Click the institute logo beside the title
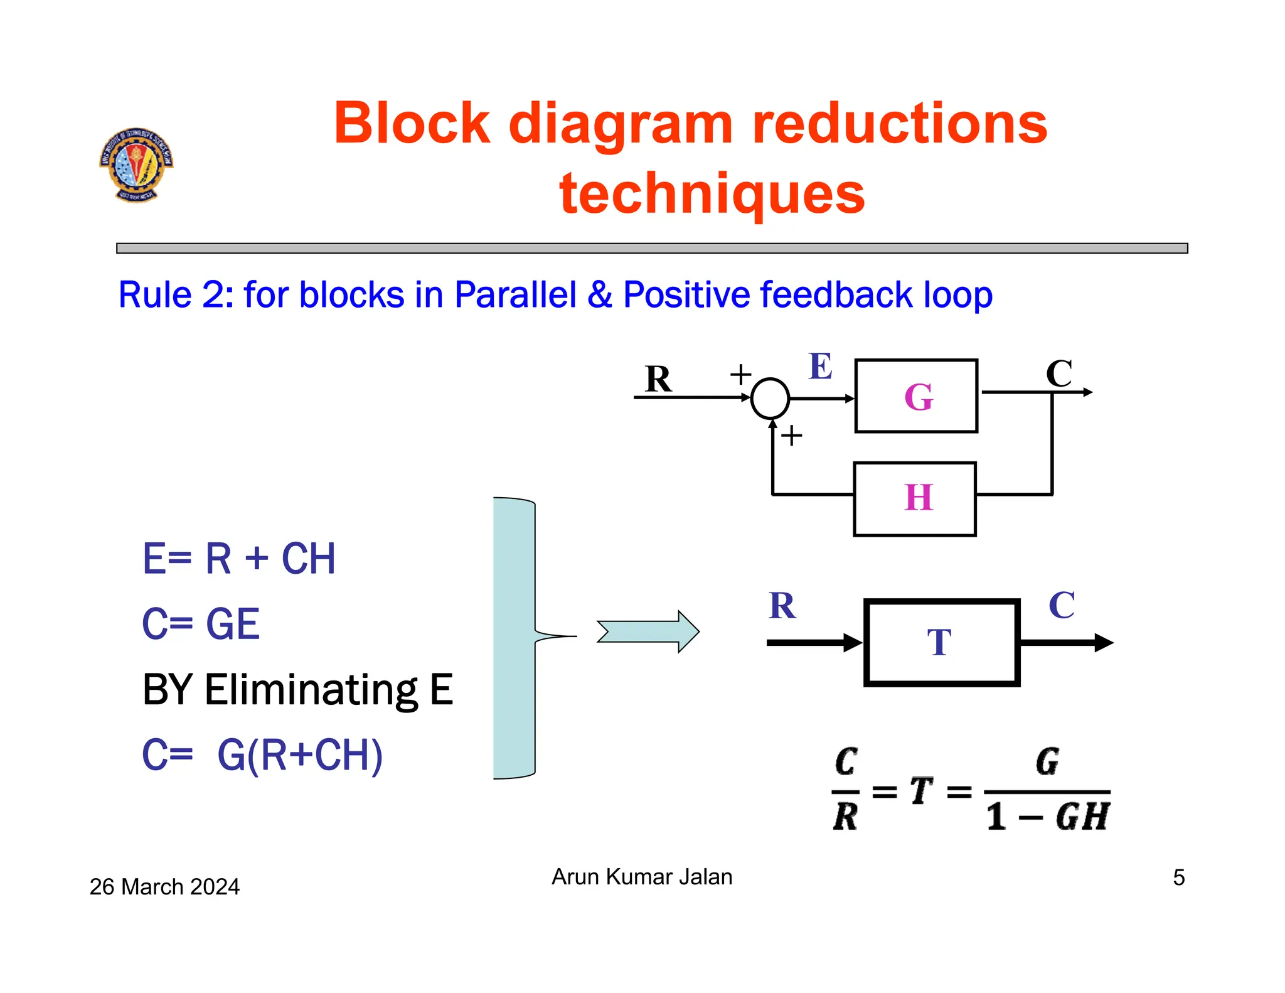click(136, 164)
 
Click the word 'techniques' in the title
click(712, 193)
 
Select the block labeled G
click(916, 396)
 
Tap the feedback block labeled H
click(915, 499)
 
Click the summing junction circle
click(770, 398)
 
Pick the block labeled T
click(941, 643)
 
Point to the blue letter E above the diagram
click(820, 367)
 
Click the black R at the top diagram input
click(658, 379)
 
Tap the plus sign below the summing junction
click(792, 435)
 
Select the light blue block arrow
click(648, 631)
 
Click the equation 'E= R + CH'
click(239, 558)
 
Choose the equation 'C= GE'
click(201, 624)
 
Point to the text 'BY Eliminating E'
click(297, 689)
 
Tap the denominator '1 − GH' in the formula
click(1047, 817)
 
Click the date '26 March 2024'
click(164, 886)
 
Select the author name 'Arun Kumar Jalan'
click(642, 876)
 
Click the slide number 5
click(1178, 878)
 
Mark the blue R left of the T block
click(782, 606)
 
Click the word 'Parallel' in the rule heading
click(515, 294)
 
